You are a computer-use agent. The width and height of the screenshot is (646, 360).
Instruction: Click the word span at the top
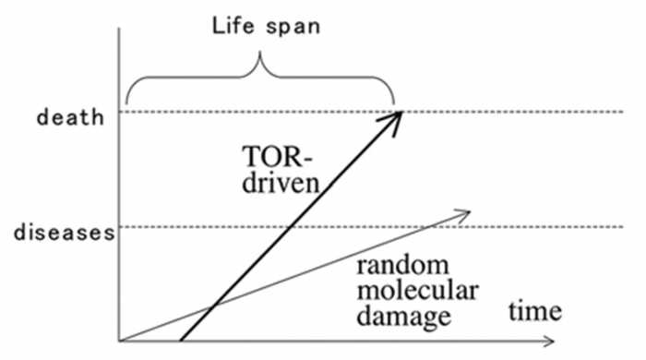tap(293, 28)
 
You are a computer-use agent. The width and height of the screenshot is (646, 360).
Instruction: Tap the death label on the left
tap(70, 117)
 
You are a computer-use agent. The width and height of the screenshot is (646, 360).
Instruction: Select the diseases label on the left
tap(65, 233)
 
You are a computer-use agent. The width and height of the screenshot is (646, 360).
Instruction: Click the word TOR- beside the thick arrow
tap(277, 157)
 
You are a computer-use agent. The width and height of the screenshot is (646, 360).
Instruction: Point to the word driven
tap(281, 182)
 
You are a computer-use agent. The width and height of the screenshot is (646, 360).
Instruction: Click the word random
tap(402, 265)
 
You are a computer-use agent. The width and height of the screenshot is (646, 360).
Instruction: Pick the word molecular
tap(417, 290)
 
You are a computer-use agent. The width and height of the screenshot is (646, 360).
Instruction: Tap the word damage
tap(404, 318)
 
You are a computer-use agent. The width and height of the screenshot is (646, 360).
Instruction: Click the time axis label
tap(535, 311)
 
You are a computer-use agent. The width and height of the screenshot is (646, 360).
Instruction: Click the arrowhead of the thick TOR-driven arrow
tap(393, 120)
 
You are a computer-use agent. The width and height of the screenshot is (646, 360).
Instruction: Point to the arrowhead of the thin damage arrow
tap(463, 214)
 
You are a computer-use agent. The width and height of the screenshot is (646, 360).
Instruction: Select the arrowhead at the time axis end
tap(549, 341)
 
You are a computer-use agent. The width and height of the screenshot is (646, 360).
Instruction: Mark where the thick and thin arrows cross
tap(213, 306)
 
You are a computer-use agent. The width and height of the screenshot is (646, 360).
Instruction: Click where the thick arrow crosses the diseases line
tap(291, 226)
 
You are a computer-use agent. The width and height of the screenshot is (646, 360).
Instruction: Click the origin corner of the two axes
tap(119, 341)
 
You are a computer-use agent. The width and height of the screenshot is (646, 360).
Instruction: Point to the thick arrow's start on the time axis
tap(181, 341)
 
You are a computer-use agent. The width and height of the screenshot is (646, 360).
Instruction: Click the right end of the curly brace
tap(394, 103)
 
